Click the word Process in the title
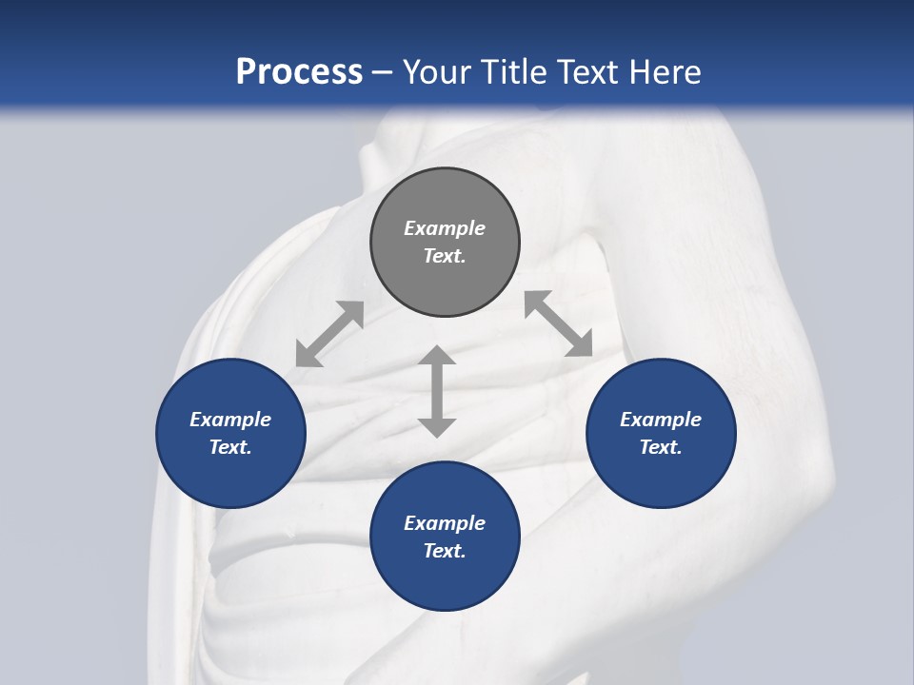tap(299, 71)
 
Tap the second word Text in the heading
tap(592, 71)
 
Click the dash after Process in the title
tap(383, 73)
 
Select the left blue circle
tap(230, 433)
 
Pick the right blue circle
tap(661, 433)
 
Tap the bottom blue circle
tap(445, 537)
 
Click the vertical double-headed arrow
tap(437, 391)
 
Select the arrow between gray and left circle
tap(329, 334)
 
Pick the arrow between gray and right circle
tap(558, 323)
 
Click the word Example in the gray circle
tap(445, 228)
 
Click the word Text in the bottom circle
tap(445, 551)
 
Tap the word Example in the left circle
tap(230, 420)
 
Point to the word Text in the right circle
tap(661, 447)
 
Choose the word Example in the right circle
tap(661, 420)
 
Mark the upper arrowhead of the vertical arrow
tap(437, 358)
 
